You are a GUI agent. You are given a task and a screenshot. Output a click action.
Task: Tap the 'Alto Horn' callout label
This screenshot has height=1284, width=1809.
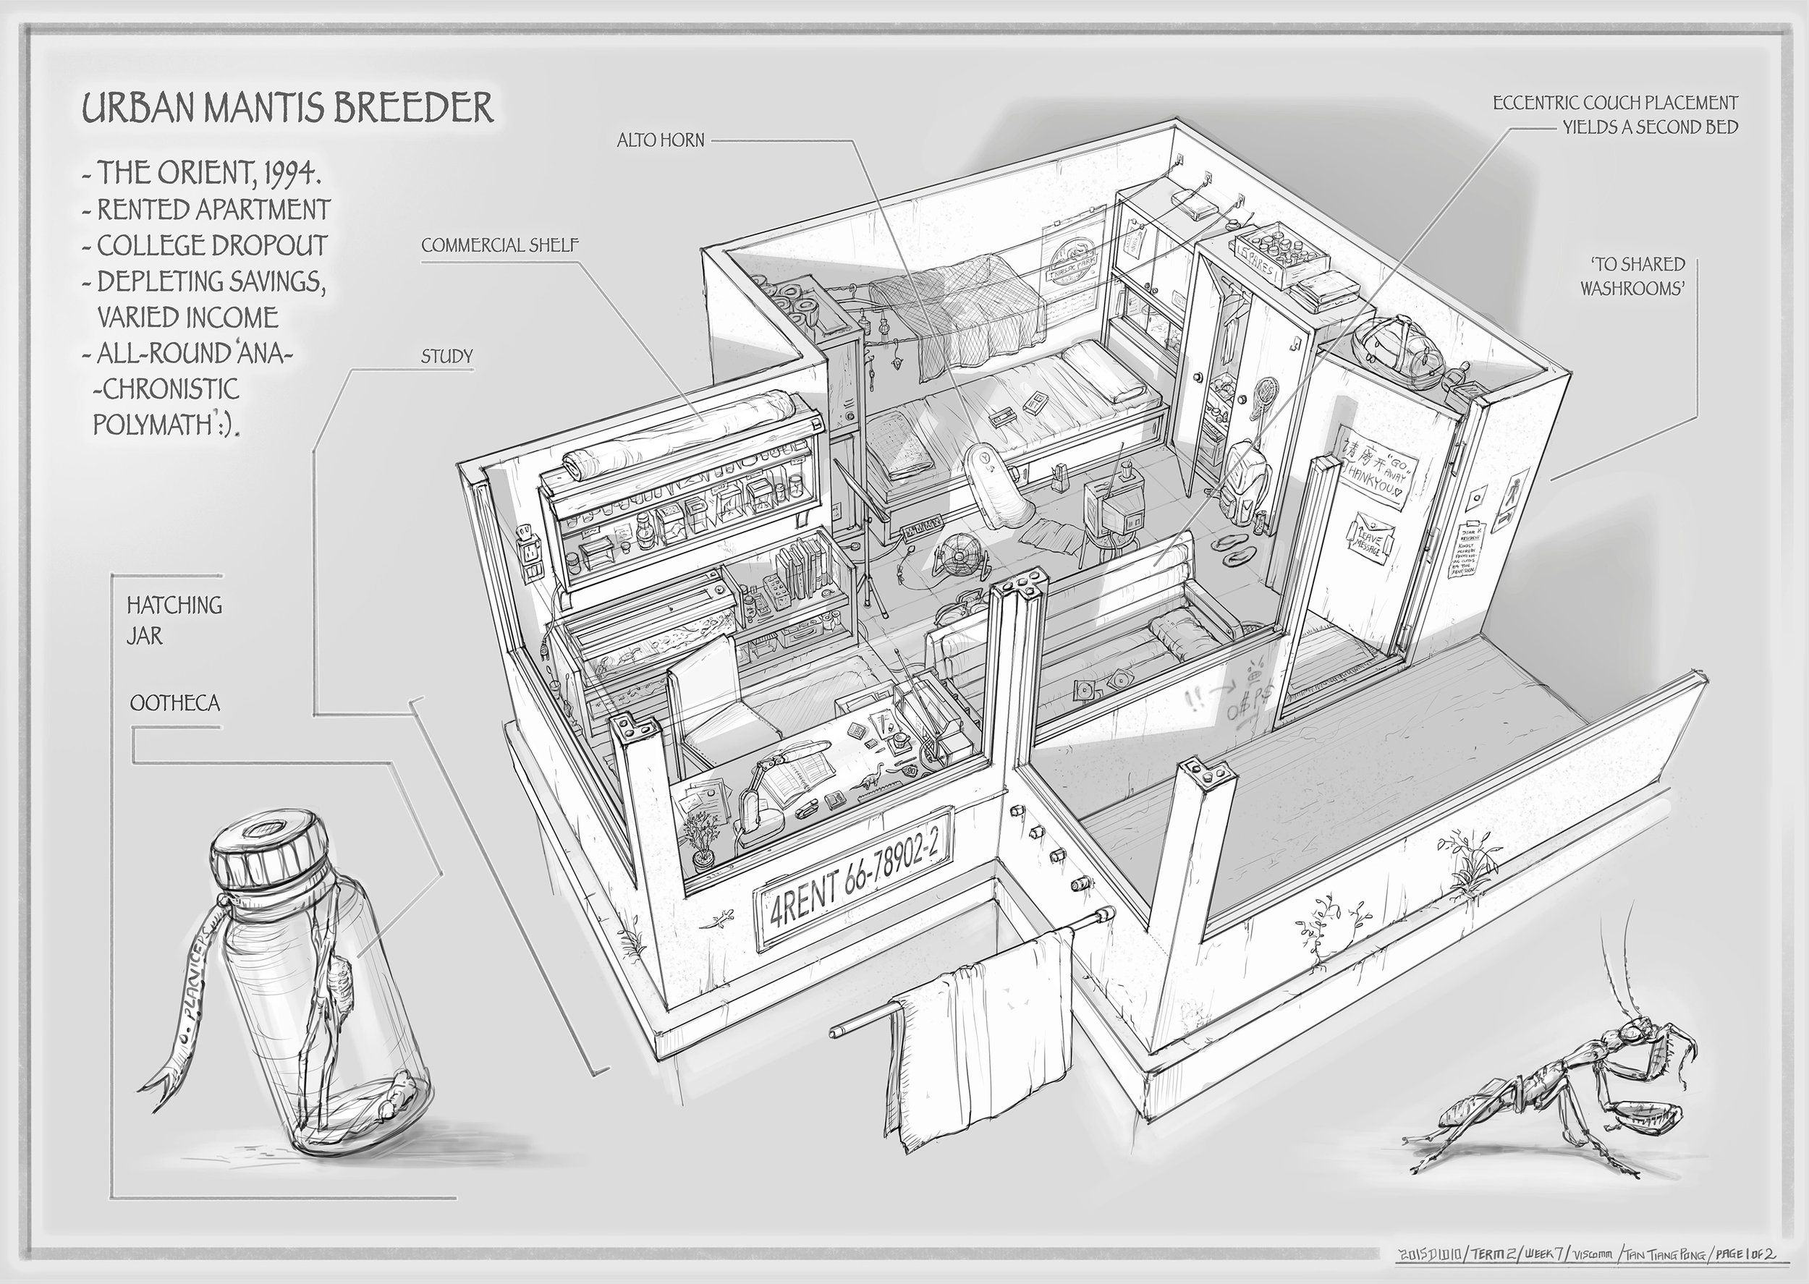click(x=661, y=142)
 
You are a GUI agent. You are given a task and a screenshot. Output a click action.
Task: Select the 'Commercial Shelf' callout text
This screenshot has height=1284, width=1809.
click(x=500, y=245)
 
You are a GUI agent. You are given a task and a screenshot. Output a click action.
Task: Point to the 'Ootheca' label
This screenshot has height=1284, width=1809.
click(x=174, y=704)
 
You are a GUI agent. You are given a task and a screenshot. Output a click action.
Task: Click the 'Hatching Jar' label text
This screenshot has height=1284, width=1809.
click(x=174, y=619)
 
